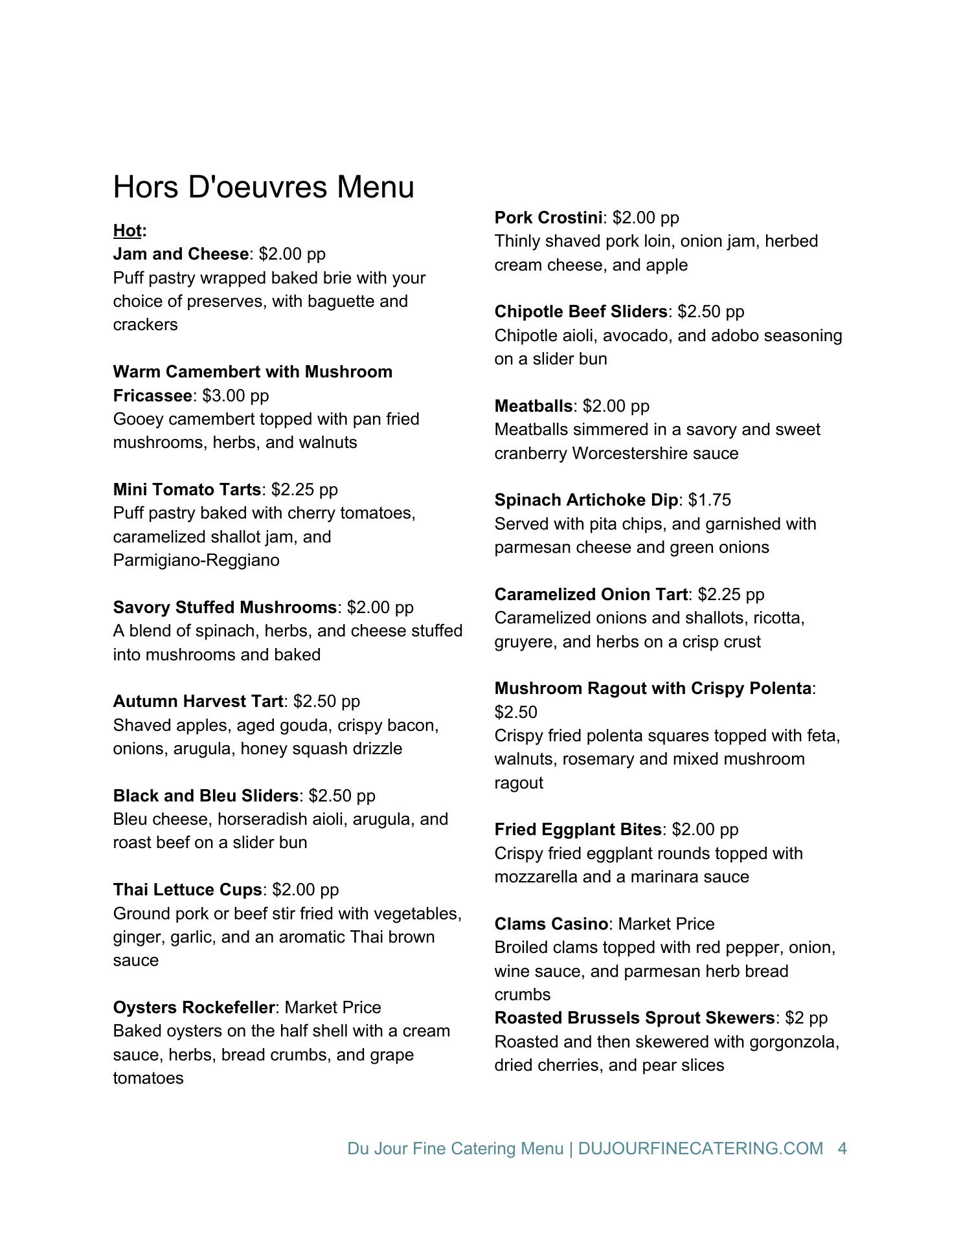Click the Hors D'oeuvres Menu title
(264, 187)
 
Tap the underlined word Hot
(127, 230)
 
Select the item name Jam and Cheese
(181, 254)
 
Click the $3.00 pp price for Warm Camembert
(236, 396)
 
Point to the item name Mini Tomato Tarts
(187, 489)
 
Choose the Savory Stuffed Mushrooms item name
(225, 607)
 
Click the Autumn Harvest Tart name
(198, 701)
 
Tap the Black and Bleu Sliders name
(206, 796)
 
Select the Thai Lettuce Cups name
(188, 890)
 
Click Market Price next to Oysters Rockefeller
(333, 1007)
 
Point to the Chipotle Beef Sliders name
(581, 311)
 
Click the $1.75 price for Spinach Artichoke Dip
(710, 500)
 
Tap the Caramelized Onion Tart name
(591, 594)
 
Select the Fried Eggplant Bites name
(578, 829)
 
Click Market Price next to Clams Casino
(666, 924)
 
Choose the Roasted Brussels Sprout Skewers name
(635, 1018)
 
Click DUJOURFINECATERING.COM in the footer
(700, 1148)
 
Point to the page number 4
(842, 1148)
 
